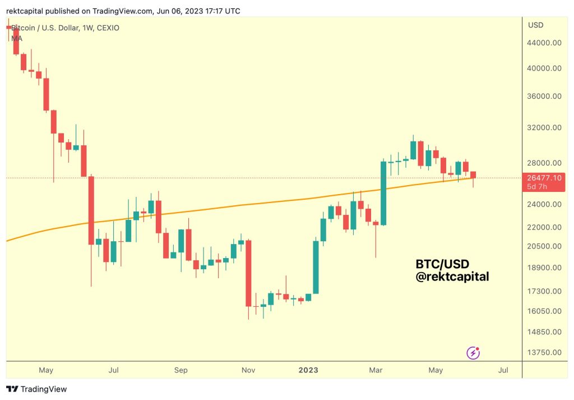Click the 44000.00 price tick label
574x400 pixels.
click(544, 43)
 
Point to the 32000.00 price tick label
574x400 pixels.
click(544, 127)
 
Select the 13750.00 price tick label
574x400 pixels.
click(544, 352)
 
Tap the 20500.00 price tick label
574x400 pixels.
click(544, 246)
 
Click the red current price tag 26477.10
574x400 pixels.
click(544, 178)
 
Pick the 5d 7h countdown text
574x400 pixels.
click(540, 187)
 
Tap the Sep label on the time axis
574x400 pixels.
click(180, 370)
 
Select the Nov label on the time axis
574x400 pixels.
click(248, 370)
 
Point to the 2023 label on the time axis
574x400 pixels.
click(308, 370)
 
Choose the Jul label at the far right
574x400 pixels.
click(503, 370)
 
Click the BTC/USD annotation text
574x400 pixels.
click(441, 264)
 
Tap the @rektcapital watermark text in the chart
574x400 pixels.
click(452, 276)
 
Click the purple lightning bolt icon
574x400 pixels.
click(473, 353)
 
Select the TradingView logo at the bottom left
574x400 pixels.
click(36, 389)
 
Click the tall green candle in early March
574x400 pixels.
click(384, 193)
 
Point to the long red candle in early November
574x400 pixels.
click(248, 273)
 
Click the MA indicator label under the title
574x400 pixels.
click(17, 38)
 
